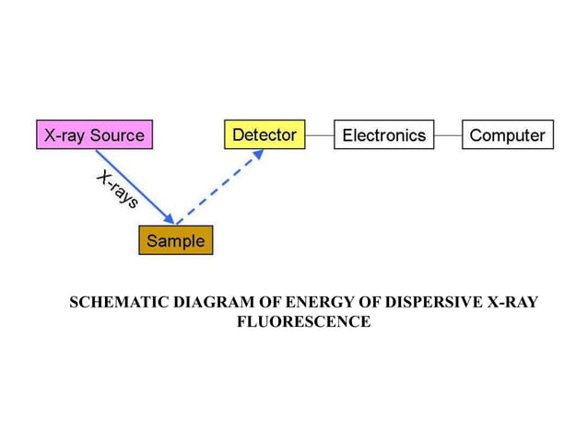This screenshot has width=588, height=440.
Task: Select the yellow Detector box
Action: pyautogui.click(x=264, y=134)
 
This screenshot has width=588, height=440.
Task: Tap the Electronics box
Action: pyautogui.click(x=383, y=135)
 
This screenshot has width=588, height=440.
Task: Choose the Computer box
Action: pyautogui.click(x=507, y=135)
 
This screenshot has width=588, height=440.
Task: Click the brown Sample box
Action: pyautogui.click(x=175, y=240)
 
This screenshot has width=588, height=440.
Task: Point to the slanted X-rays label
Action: pyautogui.click(x=117, y=190)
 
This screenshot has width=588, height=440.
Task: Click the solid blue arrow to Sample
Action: pyautogui.click(x=138, y=189)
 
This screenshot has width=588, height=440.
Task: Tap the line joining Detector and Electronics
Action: pyautogui.click(x=319, y=135)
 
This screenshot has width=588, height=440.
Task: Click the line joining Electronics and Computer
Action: pyautogui.click(x=447, y=135)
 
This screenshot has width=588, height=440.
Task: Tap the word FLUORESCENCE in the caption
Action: pyautogui.click(x=303, y=321)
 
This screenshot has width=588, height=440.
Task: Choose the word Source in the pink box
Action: pyautogui.click(x=117, y=135)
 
